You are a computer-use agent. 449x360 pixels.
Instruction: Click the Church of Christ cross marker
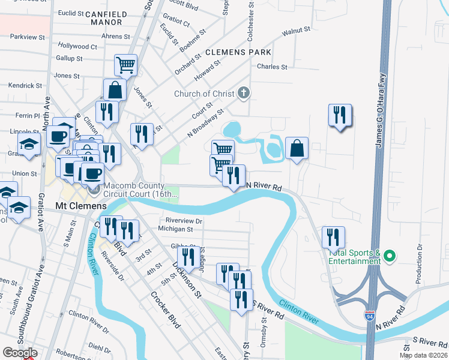(243, 93)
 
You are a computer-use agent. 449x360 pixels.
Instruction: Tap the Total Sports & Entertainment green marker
(388, 256)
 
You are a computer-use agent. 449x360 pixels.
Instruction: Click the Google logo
(20, 353)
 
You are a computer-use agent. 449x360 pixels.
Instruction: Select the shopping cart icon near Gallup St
(125, 64)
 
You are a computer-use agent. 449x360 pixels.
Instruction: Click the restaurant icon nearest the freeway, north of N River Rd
(340, 114)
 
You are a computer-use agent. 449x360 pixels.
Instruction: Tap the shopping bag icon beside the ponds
(297, 148)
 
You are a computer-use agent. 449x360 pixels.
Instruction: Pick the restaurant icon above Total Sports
(333, 236)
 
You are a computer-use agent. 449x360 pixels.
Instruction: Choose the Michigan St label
(175, 229)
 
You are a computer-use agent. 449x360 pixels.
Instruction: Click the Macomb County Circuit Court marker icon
(94, 190)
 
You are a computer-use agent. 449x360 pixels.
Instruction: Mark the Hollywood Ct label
(77, 46)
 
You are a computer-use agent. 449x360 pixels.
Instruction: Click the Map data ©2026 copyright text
(423, 355)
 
